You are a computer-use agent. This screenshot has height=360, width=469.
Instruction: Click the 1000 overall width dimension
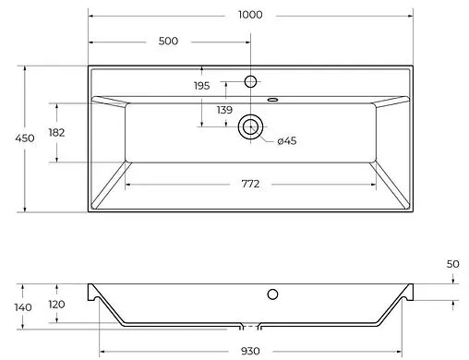249,15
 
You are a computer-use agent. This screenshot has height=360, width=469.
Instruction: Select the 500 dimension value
168,42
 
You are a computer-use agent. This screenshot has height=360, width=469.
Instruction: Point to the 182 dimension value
56,132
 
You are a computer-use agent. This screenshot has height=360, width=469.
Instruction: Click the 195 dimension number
201,86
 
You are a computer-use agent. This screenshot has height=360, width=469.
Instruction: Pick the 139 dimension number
223,110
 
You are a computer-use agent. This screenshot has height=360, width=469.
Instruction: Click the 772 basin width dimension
250,184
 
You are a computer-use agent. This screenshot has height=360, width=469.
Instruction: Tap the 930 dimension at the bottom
250,352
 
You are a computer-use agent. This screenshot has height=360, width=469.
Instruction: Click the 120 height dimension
56,305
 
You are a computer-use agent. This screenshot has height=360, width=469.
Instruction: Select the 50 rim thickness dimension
451,264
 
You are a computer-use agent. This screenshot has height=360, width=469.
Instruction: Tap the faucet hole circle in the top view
250,82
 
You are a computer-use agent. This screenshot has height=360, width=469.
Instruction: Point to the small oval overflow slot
272,99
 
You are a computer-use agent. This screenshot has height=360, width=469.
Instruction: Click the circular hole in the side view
272,295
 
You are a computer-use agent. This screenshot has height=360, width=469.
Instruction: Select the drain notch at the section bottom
250,327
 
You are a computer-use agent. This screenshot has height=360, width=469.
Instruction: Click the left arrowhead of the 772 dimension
128,184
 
